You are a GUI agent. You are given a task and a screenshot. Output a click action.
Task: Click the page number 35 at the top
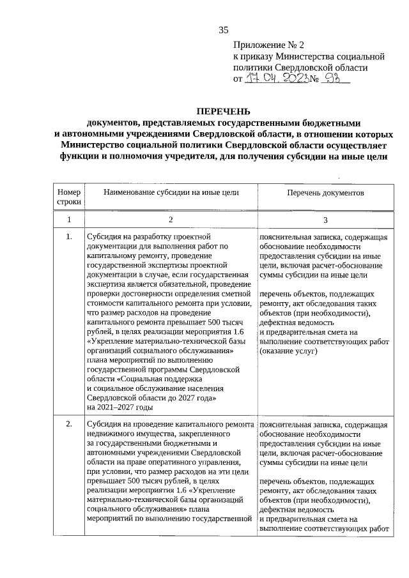tap(223, 29)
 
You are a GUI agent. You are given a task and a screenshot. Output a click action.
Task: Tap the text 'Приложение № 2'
tap(269, 45)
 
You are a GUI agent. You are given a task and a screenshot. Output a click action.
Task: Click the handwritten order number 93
tap(332, 79)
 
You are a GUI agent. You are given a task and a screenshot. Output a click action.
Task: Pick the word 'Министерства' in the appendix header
tap(305, 57)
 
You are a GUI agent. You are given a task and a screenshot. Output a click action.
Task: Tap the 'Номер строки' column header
tap(68, 197)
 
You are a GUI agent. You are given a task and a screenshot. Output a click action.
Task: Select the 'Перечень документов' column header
tap(325, 192)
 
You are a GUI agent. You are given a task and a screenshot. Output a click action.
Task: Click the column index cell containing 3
tap(325, 220)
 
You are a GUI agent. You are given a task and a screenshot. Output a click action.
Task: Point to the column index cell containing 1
tap(68, 220)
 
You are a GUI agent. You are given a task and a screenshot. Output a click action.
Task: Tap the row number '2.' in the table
tap(68, 424)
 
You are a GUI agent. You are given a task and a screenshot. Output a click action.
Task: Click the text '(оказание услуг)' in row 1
tap(288, 352)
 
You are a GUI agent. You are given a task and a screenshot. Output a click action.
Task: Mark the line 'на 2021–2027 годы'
tap(120, 407)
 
